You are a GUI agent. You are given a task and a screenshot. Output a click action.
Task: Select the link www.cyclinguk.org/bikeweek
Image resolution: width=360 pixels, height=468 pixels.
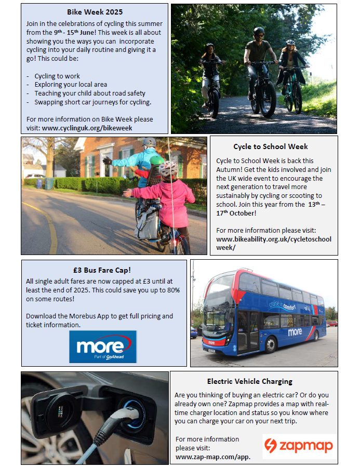(87, 127)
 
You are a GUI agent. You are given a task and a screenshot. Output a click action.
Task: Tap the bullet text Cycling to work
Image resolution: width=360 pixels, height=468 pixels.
(57, 76)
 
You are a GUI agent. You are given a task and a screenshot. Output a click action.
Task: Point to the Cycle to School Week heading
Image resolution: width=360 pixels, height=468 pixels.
(270, 146)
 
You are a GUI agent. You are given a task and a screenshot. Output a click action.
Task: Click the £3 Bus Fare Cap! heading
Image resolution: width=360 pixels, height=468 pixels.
(102, 270)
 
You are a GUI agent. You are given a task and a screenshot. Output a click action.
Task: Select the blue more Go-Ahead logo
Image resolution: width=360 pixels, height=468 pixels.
(103, 346)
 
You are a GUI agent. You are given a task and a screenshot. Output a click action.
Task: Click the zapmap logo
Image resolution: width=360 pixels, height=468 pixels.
(299, 446)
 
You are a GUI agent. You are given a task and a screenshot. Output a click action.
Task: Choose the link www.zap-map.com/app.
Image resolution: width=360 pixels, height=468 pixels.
(213, 457)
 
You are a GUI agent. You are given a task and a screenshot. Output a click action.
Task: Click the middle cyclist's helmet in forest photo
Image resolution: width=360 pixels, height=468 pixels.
(258, 31)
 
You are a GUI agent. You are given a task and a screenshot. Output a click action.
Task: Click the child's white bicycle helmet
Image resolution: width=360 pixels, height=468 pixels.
(168, 168)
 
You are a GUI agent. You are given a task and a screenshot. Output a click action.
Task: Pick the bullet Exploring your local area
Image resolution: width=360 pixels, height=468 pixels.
(71, 84)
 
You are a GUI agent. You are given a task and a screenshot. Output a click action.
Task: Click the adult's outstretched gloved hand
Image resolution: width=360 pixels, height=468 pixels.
(108, 161)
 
